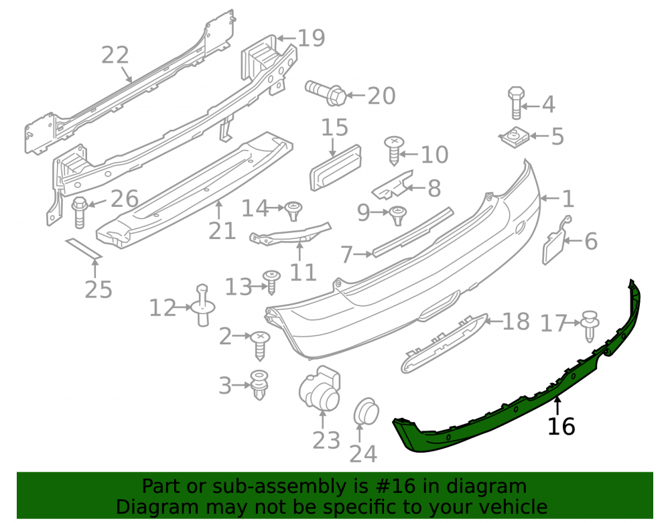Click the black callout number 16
point(561,426)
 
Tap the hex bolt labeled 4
point(516,103)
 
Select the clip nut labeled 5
point(514,137)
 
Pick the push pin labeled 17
point(590,325)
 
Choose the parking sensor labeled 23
point(320,388)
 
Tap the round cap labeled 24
point(366,412)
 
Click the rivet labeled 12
point(203,305)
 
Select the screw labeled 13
point(271,282)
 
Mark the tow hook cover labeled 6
point(554,240)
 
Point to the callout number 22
point(115,56)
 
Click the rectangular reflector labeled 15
point(336,167)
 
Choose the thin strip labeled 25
point(84,249)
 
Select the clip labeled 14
point(293,211)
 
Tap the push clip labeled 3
point(259,385)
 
